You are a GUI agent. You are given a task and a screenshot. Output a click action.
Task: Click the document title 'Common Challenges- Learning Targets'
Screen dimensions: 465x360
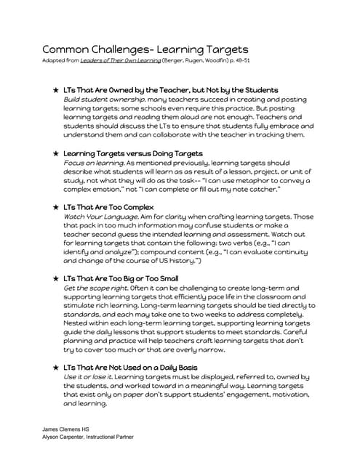145,49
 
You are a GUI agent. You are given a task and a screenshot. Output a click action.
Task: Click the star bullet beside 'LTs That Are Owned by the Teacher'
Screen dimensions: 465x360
56,90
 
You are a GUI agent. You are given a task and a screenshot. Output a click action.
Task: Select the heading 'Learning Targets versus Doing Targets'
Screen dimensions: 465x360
133,154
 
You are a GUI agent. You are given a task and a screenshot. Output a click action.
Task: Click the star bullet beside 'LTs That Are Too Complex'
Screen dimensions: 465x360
56,208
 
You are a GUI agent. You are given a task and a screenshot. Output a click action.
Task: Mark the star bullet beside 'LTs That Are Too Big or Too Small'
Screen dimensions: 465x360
56,278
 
